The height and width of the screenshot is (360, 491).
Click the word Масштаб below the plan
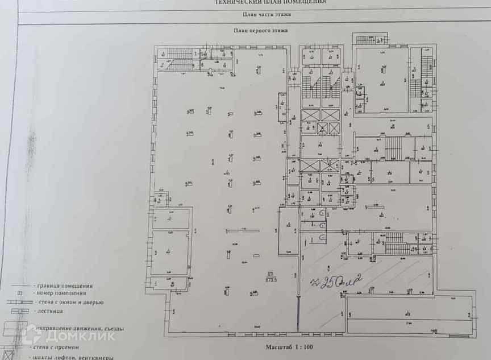[x=278, y=346]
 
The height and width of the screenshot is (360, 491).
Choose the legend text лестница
[x=51, y=312]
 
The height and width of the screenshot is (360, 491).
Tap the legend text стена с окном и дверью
[x=69, y=302]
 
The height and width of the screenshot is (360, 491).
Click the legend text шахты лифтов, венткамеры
[x=73, y=357]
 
